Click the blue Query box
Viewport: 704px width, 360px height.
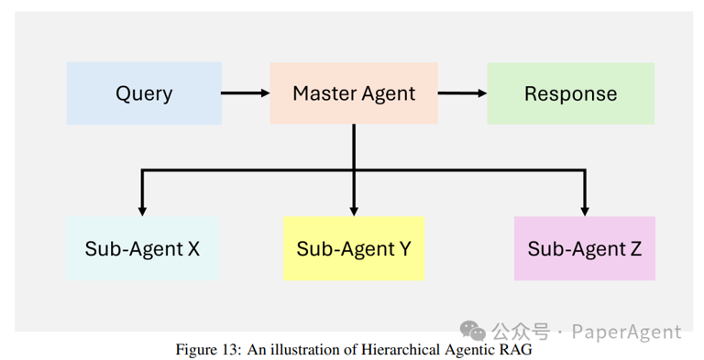[144, 93]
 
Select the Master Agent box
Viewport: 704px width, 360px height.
[353, 93]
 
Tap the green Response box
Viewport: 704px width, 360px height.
[570, 93]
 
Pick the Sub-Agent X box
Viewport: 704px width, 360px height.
[142, 248]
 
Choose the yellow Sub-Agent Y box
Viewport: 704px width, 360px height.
[354, 248]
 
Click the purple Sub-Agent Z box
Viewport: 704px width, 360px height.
[585, 248]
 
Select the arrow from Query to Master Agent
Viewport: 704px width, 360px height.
[245, 93]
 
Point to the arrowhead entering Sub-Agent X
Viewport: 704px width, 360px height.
[141, 207]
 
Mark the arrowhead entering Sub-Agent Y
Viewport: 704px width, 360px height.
[354, 207]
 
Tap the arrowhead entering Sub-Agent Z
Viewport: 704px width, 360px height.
[585, 207]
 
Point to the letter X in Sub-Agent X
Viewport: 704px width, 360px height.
[192, 249]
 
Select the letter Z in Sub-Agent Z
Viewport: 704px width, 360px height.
[635, 249]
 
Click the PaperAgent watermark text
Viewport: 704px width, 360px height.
[627, 332]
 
